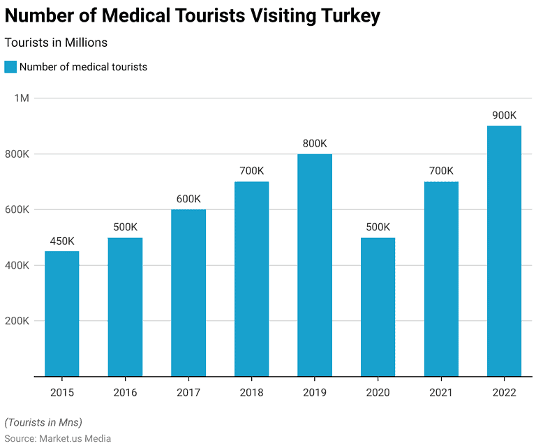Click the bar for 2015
click(62, 314)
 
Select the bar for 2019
click(315, 265)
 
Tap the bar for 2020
click(378, 307)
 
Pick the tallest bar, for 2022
click(504, 251)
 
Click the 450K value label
click(62, 241)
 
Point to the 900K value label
click(504, 115)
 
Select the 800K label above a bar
click(315, 144)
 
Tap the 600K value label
click(188, 199)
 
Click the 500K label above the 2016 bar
click(125, 227)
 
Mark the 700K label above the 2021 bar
click(441, 171)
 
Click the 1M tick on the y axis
click(22, 98)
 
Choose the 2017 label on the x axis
click(188, 392)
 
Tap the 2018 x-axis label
click(251, 392)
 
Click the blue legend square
click(10, 67)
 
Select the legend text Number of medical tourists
click(83, 67)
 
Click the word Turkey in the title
click(345, 16)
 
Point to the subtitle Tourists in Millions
click(56, 43)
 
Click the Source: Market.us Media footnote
click(58, 438)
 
